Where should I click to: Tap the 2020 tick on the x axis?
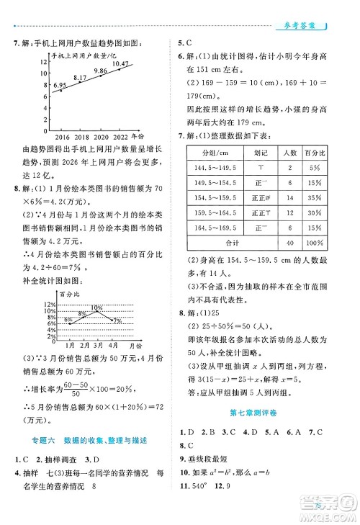tap(102, 136)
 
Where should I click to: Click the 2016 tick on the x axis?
tap(62, 136)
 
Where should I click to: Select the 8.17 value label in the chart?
tap(81, 77)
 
